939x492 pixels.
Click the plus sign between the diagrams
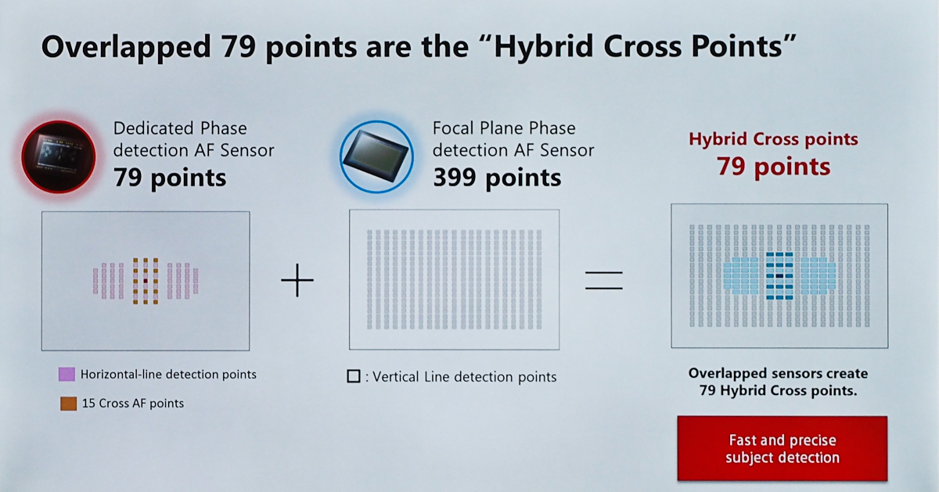coord(297,280)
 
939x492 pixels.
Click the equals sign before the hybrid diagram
coord(604,280)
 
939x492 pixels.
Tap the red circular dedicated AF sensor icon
coord(59,156)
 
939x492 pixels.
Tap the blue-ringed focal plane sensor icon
coord(376,156)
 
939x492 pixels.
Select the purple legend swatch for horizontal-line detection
coord(67,374)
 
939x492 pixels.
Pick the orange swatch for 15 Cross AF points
coord(68,404)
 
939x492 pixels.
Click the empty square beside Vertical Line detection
coord(354,376)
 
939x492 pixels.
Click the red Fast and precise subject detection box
coord(782,448)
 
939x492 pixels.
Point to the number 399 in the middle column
coord(455,178)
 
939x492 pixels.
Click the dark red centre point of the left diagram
coord(146,281)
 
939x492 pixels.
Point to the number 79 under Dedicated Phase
coord(128,178)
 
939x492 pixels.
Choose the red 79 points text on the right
coord(773,167)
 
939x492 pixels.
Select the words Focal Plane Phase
coord(504,128)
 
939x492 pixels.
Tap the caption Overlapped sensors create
coord(778,373)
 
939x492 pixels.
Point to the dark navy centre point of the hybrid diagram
coord(779,276)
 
